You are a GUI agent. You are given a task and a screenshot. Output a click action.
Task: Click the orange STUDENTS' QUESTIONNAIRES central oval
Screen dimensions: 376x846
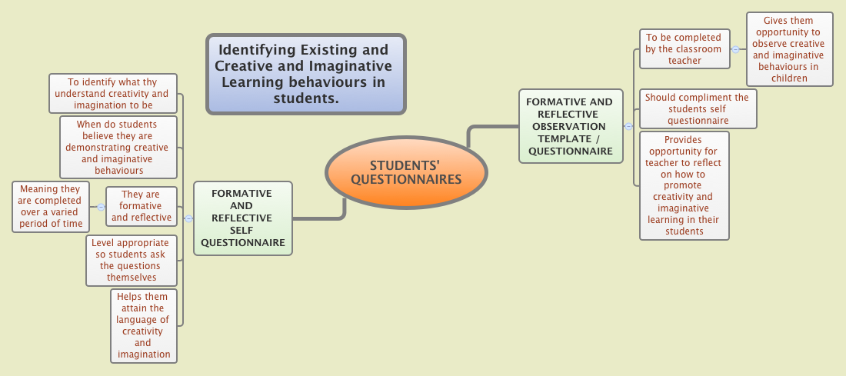(406, 172)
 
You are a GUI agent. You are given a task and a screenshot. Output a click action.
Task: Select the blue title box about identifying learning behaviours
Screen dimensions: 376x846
(305, 74)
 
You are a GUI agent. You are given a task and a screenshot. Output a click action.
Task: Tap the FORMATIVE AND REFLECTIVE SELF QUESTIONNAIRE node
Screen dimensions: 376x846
(243, 218)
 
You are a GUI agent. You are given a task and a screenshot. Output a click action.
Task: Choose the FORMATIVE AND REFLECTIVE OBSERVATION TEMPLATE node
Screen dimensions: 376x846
(570, 126)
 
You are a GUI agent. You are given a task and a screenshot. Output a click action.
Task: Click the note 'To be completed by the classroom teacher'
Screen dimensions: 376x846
(684, 48)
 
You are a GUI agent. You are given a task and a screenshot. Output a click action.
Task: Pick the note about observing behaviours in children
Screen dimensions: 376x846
(789, 49)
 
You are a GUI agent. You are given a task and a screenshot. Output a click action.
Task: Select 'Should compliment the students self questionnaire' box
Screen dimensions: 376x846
(698, 108)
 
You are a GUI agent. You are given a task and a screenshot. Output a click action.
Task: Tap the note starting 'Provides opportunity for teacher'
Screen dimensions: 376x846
(684, 185)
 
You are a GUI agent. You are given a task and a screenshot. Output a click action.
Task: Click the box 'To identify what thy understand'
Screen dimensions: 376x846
(113, 93)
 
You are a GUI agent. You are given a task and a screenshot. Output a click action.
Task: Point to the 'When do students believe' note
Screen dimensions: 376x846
(118, 147)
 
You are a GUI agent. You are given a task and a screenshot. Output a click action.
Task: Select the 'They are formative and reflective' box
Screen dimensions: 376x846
(142, 206)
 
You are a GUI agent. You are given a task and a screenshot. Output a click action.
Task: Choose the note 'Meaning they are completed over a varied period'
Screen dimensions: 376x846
(51, 206)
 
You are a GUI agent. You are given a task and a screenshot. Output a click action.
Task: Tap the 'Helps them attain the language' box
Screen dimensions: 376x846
(143, 325)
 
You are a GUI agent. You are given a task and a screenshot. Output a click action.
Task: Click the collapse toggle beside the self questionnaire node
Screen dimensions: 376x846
(188, 218)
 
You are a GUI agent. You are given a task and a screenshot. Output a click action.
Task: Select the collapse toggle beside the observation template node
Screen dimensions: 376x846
(628, 126)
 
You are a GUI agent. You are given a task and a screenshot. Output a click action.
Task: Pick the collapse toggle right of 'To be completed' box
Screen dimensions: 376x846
(735, 49)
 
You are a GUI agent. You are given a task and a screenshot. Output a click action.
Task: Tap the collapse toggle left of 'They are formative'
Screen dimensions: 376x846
(101, 207)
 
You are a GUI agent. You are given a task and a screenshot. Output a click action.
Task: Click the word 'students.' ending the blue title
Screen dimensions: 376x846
(305, 98)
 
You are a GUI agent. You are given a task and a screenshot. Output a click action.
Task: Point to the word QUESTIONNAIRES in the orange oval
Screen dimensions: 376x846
(406, 179)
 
